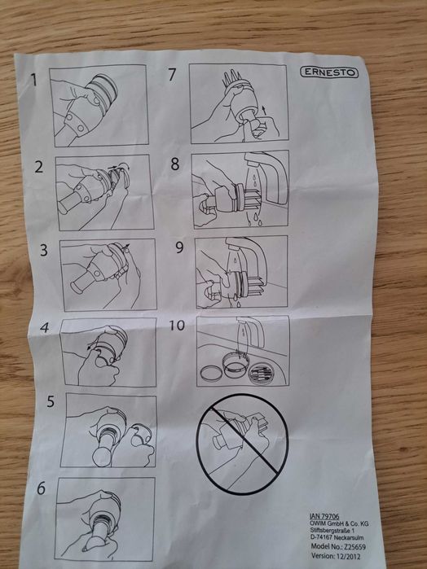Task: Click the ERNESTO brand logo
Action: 329,72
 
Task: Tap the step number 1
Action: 34,80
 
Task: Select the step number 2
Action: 39,167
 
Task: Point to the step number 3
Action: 44,250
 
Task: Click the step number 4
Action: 45,328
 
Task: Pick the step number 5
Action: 51,401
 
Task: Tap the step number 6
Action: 41,488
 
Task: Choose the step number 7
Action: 172,74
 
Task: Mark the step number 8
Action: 175,164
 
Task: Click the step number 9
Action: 179,247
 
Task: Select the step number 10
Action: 177,325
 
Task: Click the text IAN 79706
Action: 324,516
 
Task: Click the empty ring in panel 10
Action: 210,374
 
